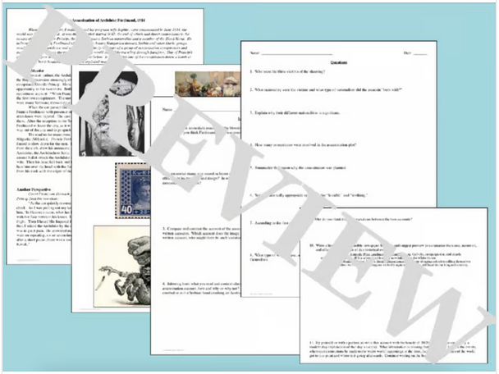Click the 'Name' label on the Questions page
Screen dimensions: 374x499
click(x=255, y=52)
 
